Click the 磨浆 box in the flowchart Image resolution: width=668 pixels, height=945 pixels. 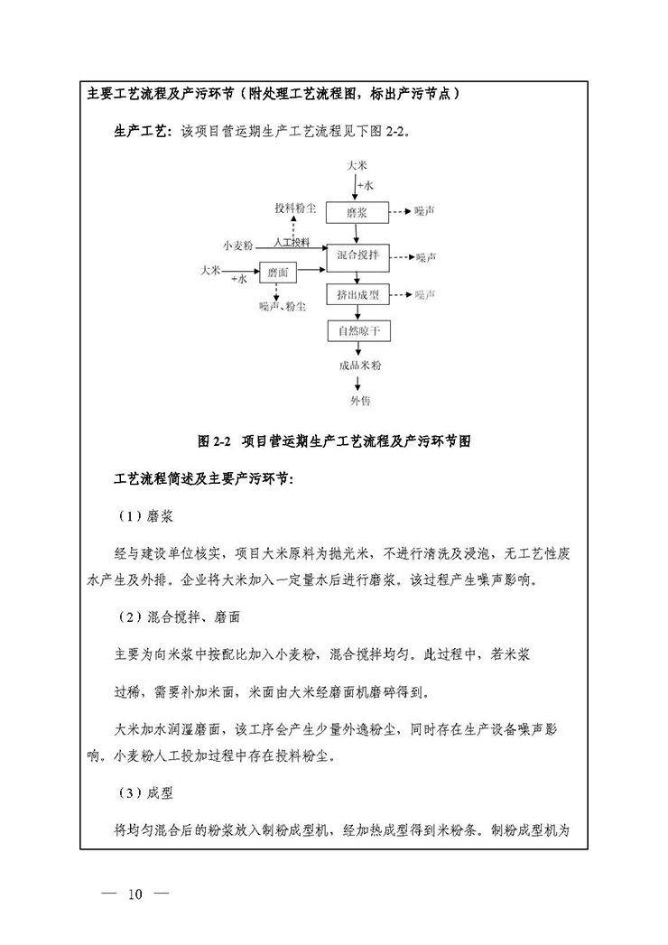[x=357, y=213]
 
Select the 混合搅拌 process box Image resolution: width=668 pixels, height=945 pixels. [x=357, y=255]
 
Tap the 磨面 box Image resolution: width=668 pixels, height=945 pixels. [x=278, y=272]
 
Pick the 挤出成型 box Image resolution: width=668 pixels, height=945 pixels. [x=357, y=295]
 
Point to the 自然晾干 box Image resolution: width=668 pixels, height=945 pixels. [x=357, y=331]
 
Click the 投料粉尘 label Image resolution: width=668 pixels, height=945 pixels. [x=295, y=208]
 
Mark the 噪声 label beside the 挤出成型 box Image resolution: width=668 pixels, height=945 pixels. [x=425, y=295]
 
